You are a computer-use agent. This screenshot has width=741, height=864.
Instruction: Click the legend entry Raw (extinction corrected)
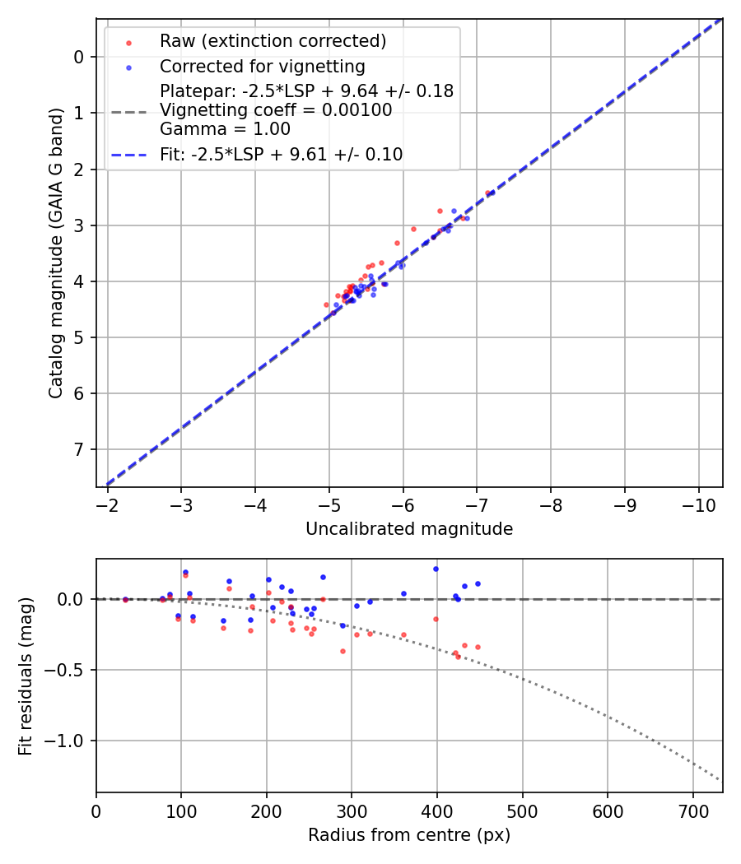coord(273,41)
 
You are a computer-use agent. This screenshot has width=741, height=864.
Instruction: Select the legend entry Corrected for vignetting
coord(262,66)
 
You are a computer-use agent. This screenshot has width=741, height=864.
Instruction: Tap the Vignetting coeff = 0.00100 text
coord(276,109)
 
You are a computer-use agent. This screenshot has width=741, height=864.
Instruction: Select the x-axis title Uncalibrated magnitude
coord(409,529)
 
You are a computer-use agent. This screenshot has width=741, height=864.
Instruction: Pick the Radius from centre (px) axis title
coord(409,835)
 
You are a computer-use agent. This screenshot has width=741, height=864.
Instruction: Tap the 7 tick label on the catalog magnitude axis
coord(79,449)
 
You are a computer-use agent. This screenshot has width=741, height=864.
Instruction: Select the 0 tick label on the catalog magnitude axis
coord(79,57)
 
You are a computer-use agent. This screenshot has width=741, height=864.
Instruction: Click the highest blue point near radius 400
coord(436,569)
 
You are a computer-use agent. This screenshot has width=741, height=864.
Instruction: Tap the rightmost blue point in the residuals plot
coord(478,583)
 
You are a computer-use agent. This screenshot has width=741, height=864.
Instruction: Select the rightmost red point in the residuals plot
coord(478,647)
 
